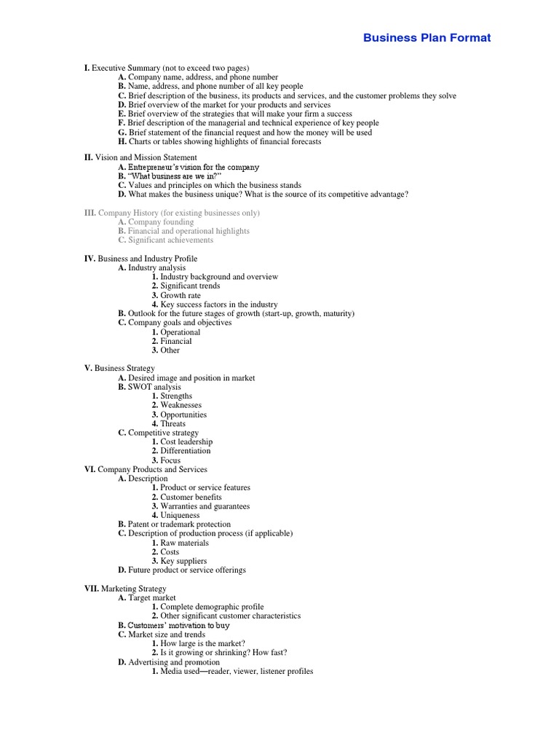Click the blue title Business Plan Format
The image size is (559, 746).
click(427, 38)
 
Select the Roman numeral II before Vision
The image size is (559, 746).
click(88, 157)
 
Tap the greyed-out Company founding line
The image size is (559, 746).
click(161, 221)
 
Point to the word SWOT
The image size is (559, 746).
click(139, 387)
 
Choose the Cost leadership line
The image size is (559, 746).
click(186, 441)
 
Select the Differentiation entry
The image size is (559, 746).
click(185, 451)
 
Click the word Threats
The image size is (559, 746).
click(173, 423)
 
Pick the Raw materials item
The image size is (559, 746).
click(184, 543)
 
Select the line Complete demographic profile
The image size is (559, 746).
click(212, 607)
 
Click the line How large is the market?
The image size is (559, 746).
click(197, 644)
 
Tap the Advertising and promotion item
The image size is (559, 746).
click(174, 662)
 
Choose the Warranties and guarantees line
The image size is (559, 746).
click(205, 506)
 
